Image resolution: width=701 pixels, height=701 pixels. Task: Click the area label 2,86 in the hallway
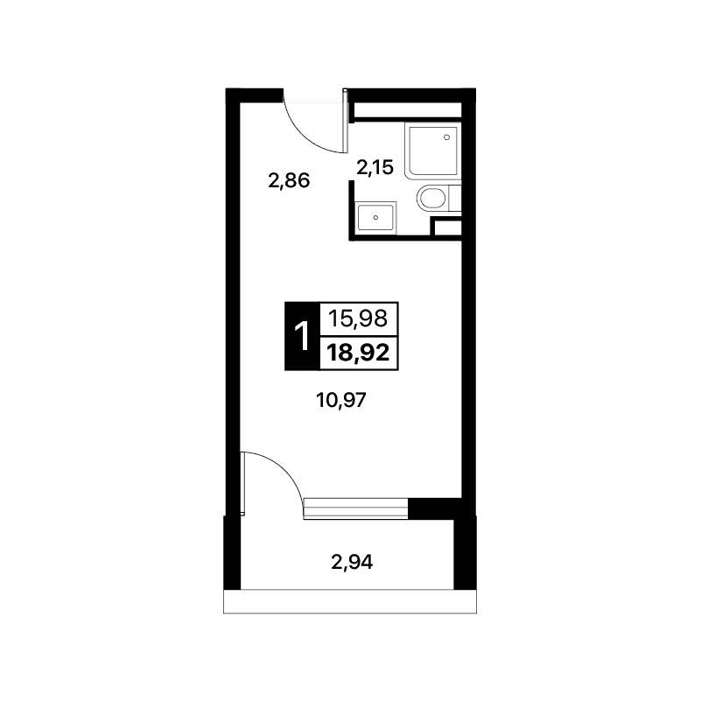click(289, 181)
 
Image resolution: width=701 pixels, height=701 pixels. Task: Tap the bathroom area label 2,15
click(375, 168)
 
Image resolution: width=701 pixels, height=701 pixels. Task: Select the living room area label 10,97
click(341, 400)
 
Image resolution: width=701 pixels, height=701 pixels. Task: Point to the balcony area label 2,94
click(352, 562)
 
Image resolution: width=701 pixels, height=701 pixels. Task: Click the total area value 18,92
click(358, 354)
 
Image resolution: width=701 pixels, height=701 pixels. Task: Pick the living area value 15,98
click(358, 319)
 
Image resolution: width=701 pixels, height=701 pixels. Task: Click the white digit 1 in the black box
click(302, 336)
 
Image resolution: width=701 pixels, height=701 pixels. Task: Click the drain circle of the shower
click(446, 137)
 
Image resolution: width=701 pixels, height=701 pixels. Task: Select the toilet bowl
click(431, 199)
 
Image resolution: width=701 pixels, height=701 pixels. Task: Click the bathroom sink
click(376, 218)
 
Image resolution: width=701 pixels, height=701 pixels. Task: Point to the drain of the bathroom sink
click(375, 218)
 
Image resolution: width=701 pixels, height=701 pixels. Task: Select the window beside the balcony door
click(356, 508)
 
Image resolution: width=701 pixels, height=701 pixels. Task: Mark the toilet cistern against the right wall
click(454, 198)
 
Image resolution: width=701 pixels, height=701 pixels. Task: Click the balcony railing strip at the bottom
click(350, 602)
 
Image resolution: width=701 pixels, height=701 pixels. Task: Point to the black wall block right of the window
click(435, 508)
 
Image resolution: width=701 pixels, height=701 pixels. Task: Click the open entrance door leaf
click(345, 121)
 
